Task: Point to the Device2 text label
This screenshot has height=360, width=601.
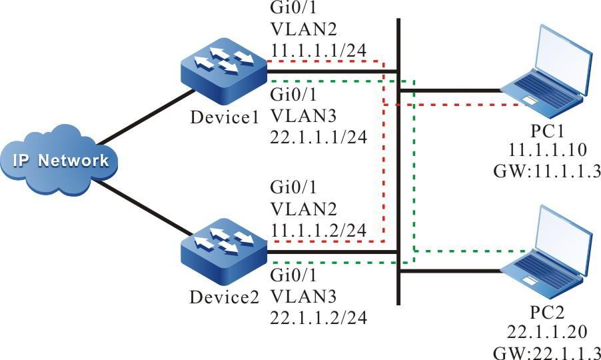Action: (224, 297)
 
